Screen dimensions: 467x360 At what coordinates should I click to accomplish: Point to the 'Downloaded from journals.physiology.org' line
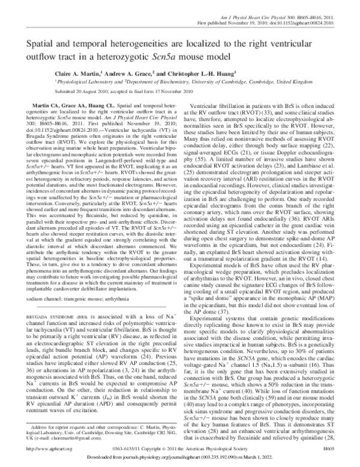pyautogui.click(x=179, y=459)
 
